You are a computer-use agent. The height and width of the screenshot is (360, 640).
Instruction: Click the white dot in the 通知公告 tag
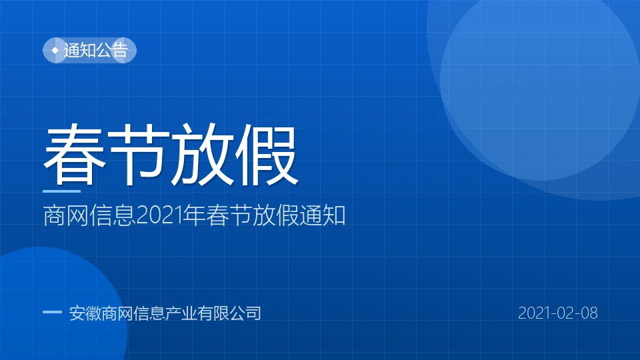coord(55,50)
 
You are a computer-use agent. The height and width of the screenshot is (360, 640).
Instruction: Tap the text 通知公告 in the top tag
coord(96,50)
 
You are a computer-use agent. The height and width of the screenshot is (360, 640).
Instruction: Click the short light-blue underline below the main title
coord(61,191)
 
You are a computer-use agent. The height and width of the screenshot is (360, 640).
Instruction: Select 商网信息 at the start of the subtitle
coord(89,215)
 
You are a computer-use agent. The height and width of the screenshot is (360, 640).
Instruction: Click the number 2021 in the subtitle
coord(159,215)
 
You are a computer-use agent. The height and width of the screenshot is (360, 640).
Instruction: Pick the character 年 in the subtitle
coord(194,215)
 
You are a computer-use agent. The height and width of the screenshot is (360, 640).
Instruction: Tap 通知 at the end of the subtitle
coord(323,215)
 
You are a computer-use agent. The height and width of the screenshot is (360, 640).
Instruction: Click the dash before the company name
coord(52,312)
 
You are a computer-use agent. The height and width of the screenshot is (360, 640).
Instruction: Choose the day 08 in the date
coord(589,313)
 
